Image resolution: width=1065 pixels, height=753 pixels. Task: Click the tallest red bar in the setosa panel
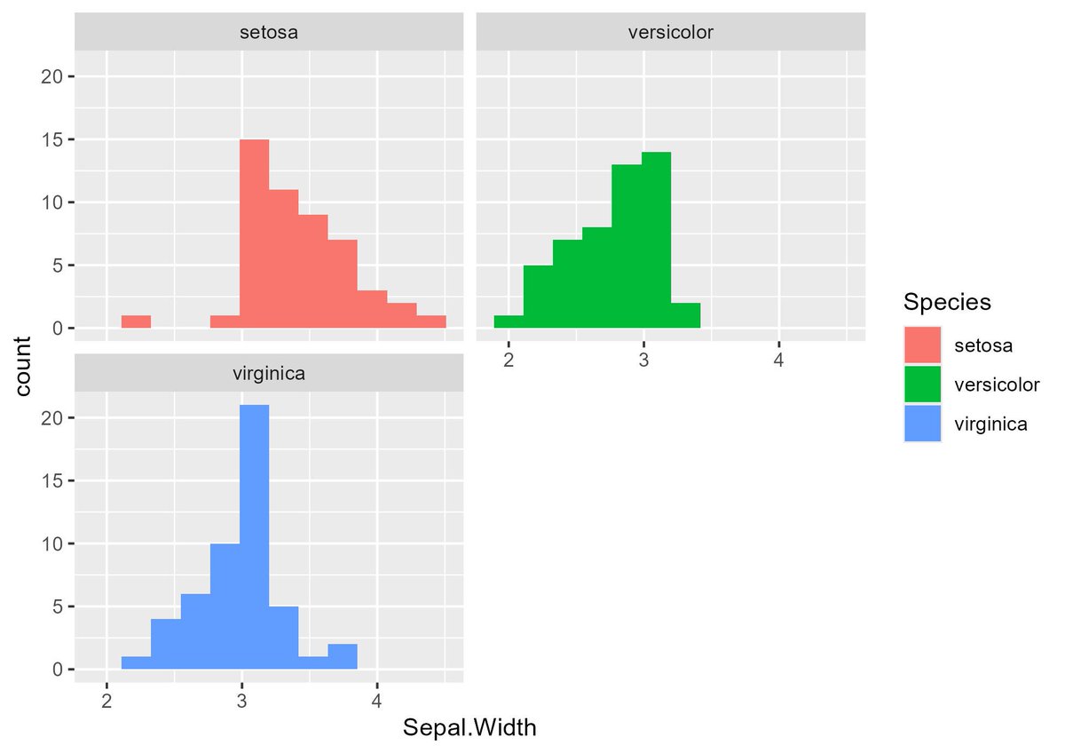click(x=255, y=234)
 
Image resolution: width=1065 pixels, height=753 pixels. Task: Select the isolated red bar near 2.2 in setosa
click(x=136, y=322)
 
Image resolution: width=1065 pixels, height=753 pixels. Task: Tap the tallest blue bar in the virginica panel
click(x=255, y=537)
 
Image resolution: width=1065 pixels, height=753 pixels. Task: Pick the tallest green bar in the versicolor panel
click(x=656, y=240)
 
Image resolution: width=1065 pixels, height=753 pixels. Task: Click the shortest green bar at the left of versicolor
click(x=509, y=322)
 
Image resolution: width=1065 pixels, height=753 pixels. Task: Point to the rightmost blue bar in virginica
click(x=343, y=656)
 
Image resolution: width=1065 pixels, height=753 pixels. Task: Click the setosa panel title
click(x=269, y=32)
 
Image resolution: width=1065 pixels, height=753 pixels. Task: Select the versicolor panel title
click(x=671, y=32)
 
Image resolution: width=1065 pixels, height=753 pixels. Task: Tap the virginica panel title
click(x=269, y=374)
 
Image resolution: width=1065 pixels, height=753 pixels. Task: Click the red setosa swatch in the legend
click(x=922, y=345)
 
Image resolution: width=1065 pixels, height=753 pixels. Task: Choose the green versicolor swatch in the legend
click(x=922, y=384)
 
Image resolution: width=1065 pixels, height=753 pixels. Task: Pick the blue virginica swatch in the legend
click(x=922, y=424)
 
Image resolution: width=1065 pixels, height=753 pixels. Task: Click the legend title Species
click(x=947, y=303)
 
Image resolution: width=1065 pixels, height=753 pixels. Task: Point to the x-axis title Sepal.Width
click(x=469, y=728)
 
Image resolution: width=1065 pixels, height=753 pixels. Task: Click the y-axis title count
click(x=23, y=366)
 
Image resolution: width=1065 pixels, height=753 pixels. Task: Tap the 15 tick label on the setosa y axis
click(x=51, y=139)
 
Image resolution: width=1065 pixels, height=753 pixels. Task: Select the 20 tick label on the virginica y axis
click(x=51, y=418)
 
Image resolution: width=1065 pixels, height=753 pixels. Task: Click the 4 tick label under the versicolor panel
click(x=778, y=361)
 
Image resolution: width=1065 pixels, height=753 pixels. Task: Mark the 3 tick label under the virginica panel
click(x=242, y=701)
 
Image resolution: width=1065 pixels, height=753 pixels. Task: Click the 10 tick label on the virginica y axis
click(x=51, y=544)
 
